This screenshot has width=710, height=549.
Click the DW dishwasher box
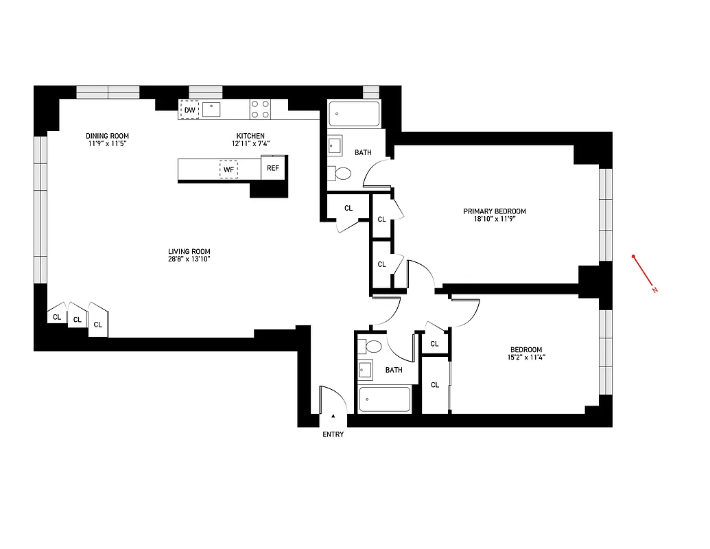[189, 110]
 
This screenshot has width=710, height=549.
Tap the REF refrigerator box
[273, 168]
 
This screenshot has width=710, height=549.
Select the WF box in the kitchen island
[228, 169]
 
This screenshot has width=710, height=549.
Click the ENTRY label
[333, 434]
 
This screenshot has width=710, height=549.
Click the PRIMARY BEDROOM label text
[495, 211]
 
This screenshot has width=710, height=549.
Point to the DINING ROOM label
[108, 136]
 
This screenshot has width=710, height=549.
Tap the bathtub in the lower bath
[385, 399]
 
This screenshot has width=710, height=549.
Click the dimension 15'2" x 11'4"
[526, 357]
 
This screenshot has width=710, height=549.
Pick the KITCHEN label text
[250, 136]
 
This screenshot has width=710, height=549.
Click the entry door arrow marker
[333, 416]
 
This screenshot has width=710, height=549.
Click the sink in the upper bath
[335, 145]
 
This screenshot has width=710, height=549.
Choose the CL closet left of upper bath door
[348, 208]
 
